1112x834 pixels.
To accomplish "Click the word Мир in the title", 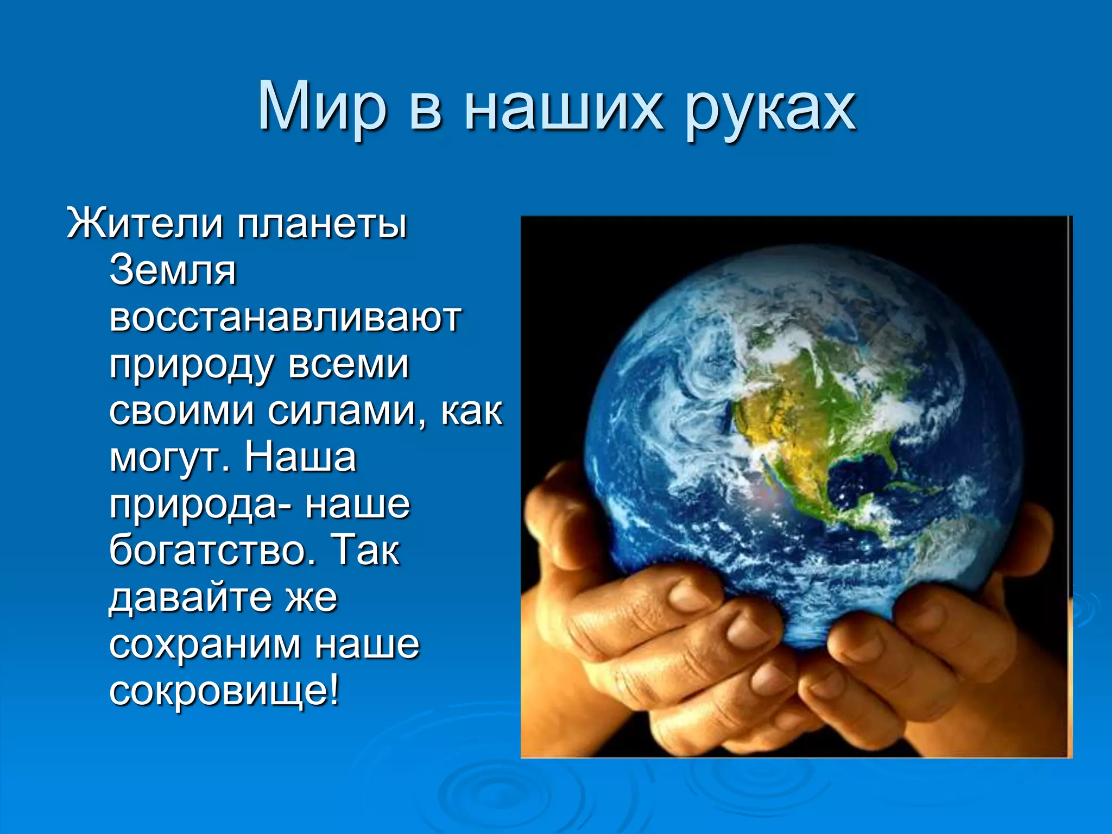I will [x=322, y=107].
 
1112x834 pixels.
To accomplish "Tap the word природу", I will [x=191, y=365].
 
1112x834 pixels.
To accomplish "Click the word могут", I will [x=170, y=458].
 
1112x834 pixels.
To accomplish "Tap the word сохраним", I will [x=204, y=646].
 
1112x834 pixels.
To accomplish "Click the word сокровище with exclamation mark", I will [x=224, y=692].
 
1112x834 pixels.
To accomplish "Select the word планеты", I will [x=321, y=223].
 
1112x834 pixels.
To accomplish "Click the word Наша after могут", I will [x=300, y=457].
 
